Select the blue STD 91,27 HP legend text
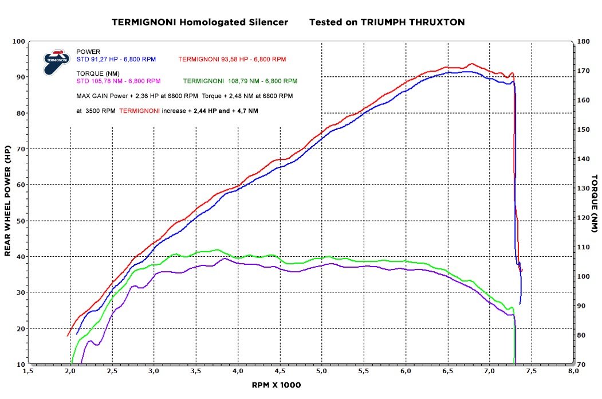pos(116,60)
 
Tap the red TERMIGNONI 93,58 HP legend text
pos(232,60)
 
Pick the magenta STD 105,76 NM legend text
pos(119,81)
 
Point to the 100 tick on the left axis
pos(18,41)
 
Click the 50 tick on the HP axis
pos(20,221)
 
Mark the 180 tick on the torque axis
pos(583,41)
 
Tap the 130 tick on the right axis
pos(583,189)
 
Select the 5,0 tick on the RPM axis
pos(321,371)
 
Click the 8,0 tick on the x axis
pos(573,371)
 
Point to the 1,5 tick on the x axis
pos(27,371)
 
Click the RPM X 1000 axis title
pos(276,385)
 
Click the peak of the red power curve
pos(471,64)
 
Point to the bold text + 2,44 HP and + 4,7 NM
pos(222,110)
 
